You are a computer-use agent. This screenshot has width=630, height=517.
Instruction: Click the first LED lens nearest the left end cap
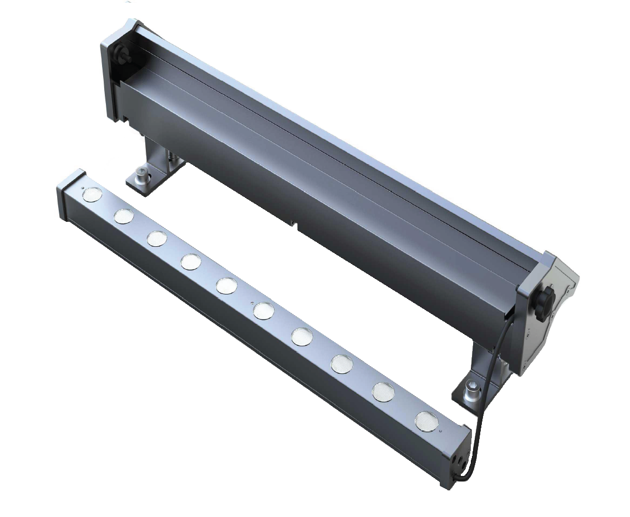tap(93, 194)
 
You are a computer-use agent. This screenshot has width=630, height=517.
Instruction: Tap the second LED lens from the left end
tap(124, 216)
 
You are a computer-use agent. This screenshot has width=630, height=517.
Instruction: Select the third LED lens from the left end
tap(157, 239)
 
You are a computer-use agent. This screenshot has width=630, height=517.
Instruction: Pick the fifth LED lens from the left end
tap(226, 285)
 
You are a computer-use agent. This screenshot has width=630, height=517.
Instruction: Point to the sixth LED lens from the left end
tap(263, 311)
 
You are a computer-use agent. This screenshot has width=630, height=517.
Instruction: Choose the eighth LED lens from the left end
tap(342, 364)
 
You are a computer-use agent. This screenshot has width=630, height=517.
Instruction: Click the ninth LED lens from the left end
tap(383, 392)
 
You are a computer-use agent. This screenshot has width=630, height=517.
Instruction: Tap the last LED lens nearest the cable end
tap(425, 420)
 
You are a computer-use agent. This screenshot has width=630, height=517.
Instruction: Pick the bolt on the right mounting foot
tap(472, 393)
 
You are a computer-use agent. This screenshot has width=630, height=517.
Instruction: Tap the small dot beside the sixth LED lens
tap(253, 303)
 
